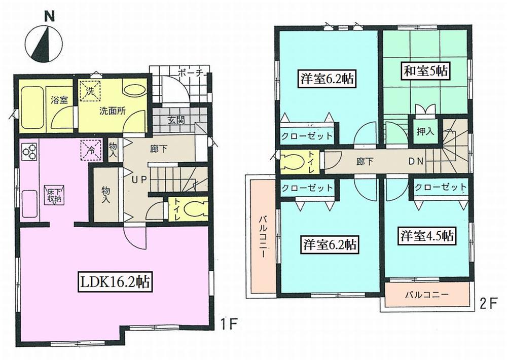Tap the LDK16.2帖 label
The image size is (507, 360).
click(x=114, y=282)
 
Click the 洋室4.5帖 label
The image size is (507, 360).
click(x=427, y=236)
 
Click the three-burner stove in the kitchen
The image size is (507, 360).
click(x=29, y=151)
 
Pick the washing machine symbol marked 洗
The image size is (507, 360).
click(x=90, y=92)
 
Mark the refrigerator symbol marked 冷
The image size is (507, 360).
click(x=90, y=150)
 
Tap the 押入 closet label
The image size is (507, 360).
click(x=425, y=131)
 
